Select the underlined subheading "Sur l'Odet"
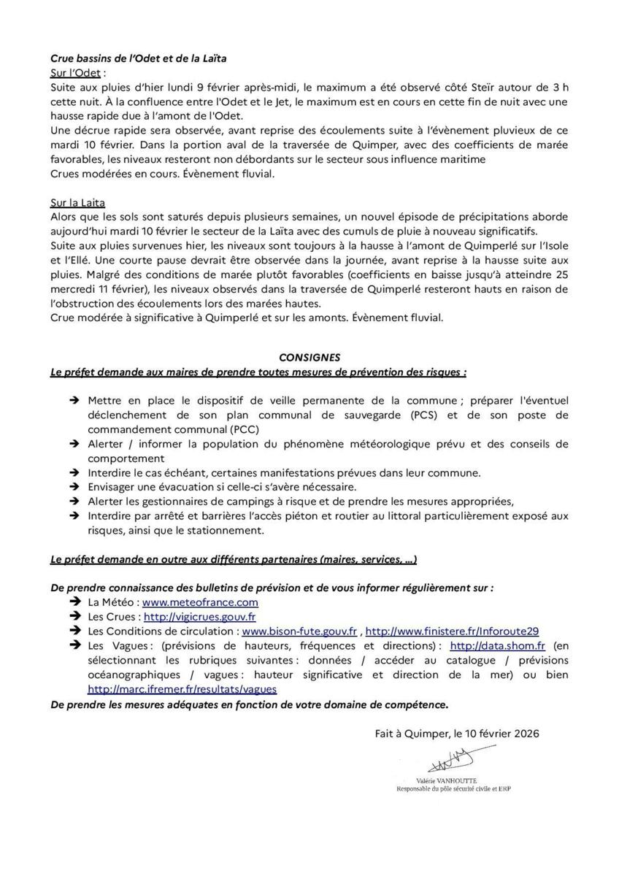pyautogui.click(x=76, y=73)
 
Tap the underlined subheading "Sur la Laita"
pyautogui.click(x=78, y=202)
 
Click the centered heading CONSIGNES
pyautogui.click(x=309, y=357)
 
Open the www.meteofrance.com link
pyautogui.click(x=200, y=602)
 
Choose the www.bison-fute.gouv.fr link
pyautogui.click(x=299, y=631)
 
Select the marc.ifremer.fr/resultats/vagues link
pyautogui.click(x=182, y=688)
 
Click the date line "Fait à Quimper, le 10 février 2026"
pyautogui.click(x=456, y=734)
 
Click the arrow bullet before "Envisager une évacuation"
pyautogui.click(x=74, y=486)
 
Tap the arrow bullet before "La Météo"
pyautogui.click(x=74, y=602)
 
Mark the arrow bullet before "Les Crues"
pyautogui.click(x=74, y=617)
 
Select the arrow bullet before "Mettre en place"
pyautogui.click(x=74, y=401)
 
